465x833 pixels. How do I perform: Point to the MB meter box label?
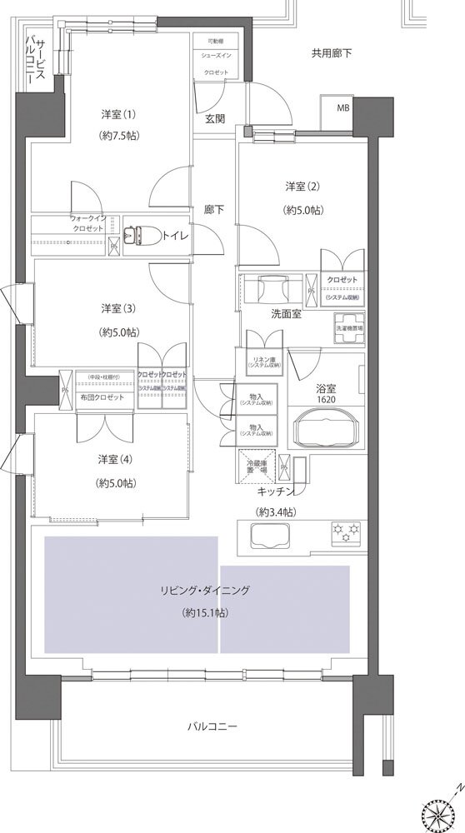tap(343, 108)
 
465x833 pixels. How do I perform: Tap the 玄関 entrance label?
tap(215, 118)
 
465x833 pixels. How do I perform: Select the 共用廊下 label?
tap(332, 53)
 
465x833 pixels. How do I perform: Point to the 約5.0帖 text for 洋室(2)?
tap(302, 211)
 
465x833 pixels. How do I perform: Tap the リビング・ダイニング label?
tap(206, 590)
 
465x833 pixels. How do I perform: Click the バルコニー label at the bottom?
tap(212, 726)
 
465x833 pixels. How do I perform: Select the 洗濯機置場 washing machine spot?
tap(350, 327)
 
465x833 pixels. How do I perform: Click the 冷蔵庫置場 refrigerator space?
tap(259, 466)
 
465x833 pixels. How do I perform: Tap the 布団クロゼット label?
tap(103, 397)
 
